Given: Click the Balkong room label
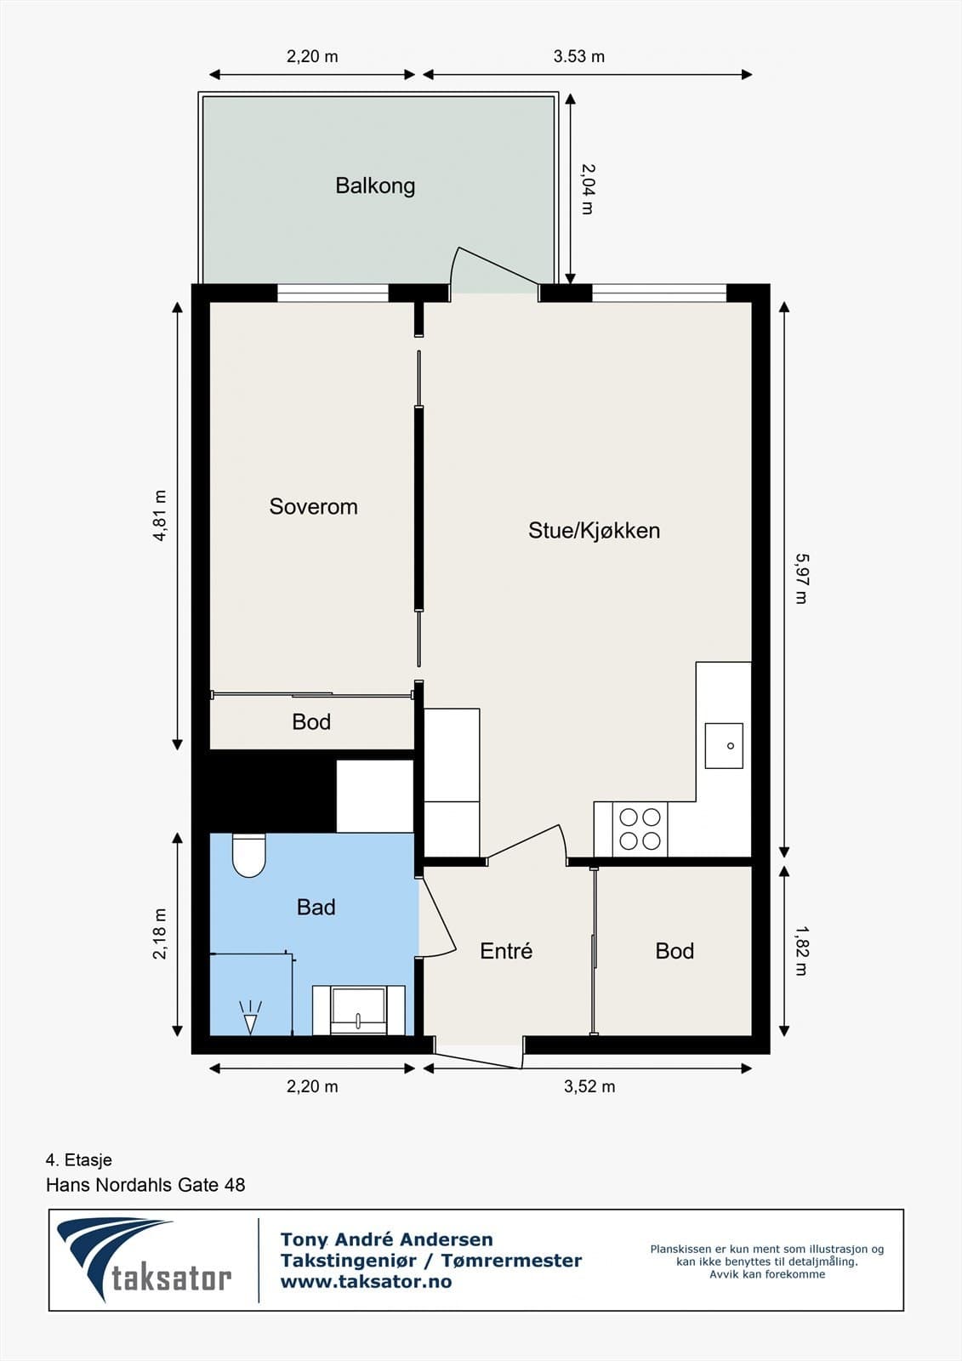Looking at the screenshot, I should [x=375, y=185].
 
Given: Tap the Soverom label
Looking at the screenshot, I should [x=313, y=506].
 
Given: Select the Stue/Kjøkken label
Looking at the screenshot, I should [x=594, y=530].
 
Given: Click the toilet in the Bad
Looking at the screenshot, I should [x=249, y=855].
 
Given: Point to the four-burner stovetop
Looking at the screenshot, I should [x=640, y=829].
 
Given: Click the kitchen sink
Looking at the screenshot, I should [x=723, y=745].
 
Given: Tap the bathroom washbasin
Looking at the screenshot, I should [x=358, y=1011].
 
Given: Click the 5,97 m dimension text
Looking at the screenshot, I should [x=800, y=578].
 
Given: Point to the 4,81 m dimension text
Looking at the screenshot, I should [x=160, y=515].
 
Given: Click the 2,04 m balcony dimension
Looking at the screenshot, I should [x=587, y=189].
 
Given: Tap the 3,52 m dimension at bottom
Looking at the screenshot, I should [x=589, y=1086].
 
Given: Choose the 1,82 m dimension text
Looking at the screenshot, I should [x=800, y=951].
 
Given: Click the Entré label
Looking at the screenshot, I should [x=506, y=951].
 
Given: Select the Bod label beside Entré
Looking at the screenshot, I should [x=675, y=951].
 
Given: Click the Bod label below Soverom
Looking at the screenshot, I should [x=311, y=722].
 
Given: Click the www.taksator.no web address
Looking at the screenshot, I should [x=366, y=1282].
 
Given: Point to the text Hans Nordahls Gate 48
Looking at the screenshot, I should [x=145, y=1184].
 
